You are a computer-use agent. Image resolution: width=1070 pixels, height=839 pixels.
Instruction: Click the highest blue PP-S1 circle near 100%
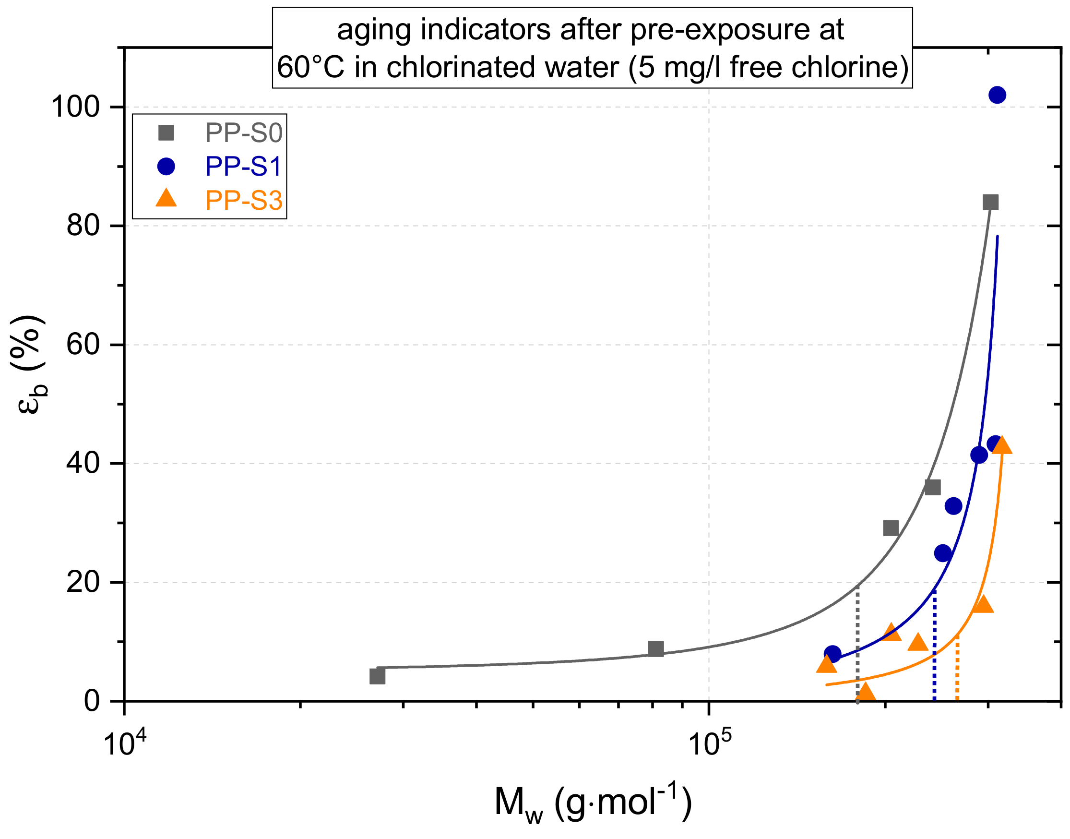[997, 95]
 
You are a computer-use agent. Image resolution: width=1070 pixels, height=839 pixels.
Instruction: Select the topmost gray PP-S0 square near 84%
[990, 202]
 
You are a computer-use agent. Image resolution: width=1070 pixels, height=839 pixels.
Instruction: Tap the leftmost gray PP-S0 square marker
[377, 676]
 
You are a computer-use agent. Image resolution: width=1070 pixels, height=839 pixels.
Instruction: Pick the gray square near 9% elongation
[655, 649]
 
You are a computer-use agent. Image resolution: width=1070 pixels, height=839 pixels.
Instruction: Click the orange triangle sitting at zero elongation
[865, 693]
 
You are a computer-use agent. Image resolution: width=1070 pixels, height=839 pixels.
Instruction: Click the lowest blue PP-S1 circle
[832, 654]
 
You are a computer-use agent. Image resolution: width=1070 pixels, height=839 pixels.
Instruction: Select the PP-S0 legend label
[244, 133]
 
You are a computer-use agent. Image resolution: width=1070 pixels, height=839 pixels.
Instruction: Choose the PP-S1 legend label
[244, 167]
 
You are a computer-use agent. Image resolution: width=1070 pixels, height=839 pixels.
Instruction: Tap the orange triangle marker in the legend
[166, 199]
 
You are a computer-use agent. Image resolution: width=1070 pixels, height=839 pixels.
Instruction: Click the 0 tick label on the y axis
[91, 701]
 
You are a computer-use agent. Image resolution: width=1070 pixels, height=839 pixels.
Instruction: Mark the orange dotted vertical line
[957, 671]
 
